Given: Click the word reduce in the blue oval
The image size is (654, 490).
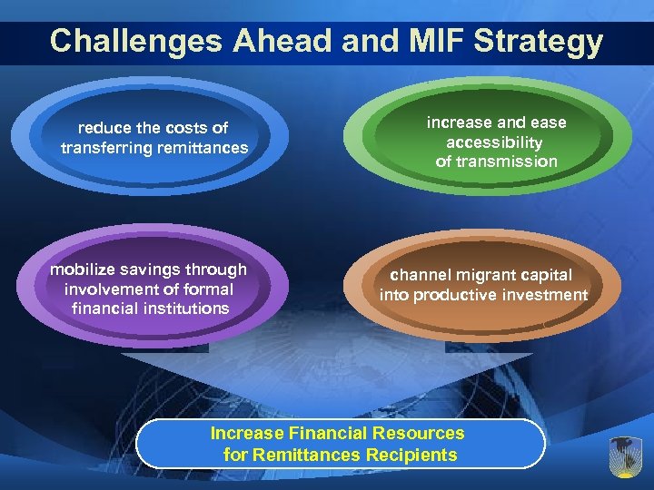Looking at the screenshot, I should [103, 128].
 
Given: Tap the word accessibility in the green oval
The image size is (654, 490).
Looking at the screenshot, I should [495, 142].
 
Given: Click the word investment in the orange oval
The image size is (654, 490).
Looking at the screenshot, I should [548, 295].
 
